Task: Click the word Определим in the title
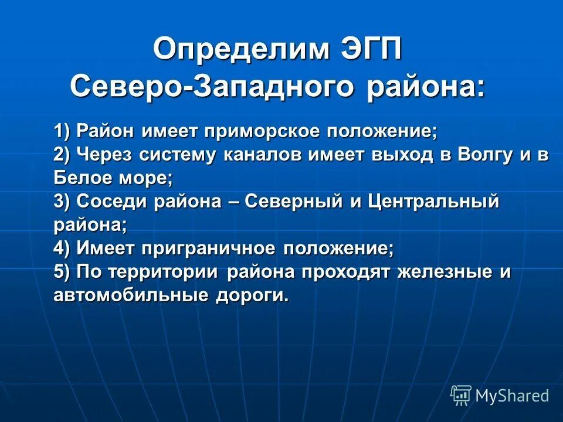tap(238, 49)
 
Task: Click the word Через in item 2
tap(106, 155)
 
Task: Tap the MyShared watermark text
tap(512, 396)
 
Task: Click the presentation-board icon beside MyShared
tap(460, 396)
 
